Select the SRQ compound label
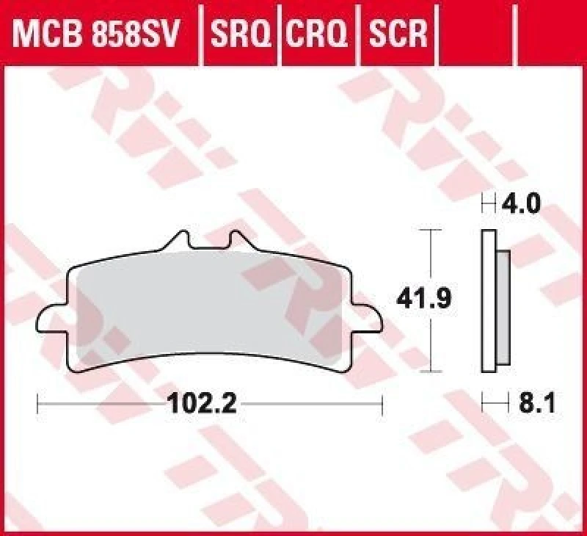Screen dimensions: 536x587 pyautogui.click(x=239, y=33)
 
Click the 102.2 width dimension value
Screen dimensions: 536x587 pyautogui.click(x=202, y=403)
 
